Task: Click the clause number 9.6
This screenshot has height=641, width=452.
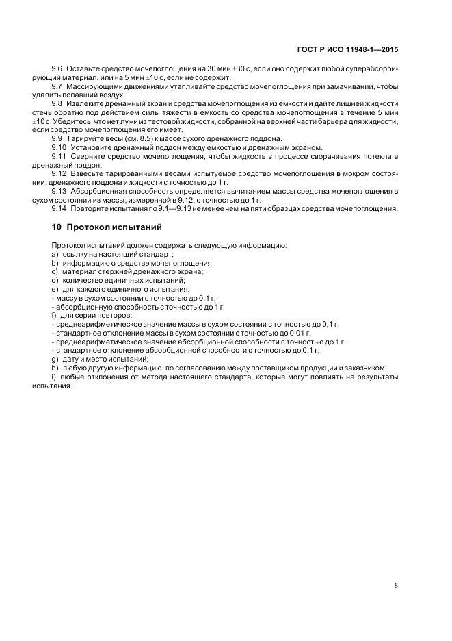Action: [x=57, y=70]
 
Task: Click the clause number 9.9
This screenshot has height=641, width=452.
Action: [x=57, y=138]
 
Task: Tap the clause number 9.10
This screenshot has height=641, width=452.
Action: [x=59, y=147]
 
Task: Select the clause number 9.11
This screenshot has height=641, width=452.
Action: [x=59, y=156]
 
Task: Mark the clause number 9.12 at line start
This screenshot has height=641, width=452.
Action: [x=59, y=174]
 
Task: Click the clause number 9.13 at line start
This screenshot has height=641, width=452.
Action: [x=59, y=191]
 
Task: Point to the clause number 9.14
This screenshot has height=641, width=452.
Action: [x=59, y=208]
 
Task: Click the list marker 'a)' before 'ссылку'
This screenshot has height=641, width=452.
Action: [x=54, y=254]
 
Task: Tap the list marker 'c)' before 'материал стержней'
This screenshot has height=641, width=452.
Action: [x=54, y=271]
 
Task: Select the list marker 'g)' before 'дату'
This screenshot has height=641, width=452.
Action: [x=54, y=359]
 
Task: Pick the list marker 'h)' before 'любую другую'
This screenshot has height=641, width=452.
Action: [x=54, y=368]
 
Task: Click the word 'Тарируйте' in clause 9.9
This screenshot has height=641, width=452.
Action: [x=85, y=138]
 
